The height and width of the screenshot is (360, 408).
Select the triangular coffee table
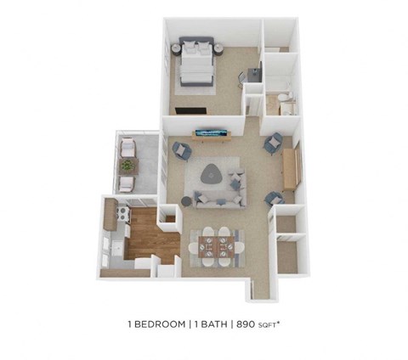(x=212, y=175)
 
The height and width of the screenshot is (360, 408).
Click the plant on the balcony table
(x=127, y=165)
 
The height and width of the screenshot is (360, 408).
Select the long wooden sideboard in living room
(x=289, y=168)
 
